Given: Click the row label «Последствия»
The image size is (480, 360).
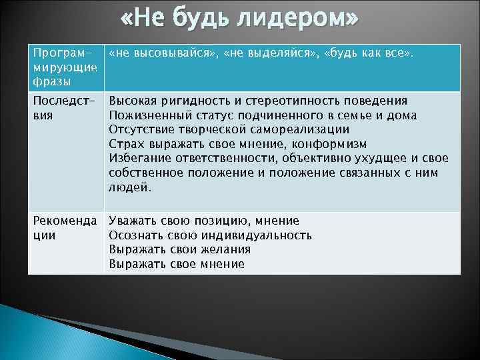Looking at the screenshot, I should pyautogui.click(x=61, y=108).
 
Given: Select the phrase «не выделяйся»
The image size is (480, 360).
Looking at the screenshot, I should pyautogui.click(x=269, y=53).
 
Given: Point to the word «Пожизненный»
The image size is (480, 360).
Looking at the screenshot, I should pyautogui.click(x=146, y=116).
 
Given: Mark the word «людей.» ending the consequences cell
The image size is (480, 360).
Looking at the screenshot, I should pyautogui.click(x=130, y=188).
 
